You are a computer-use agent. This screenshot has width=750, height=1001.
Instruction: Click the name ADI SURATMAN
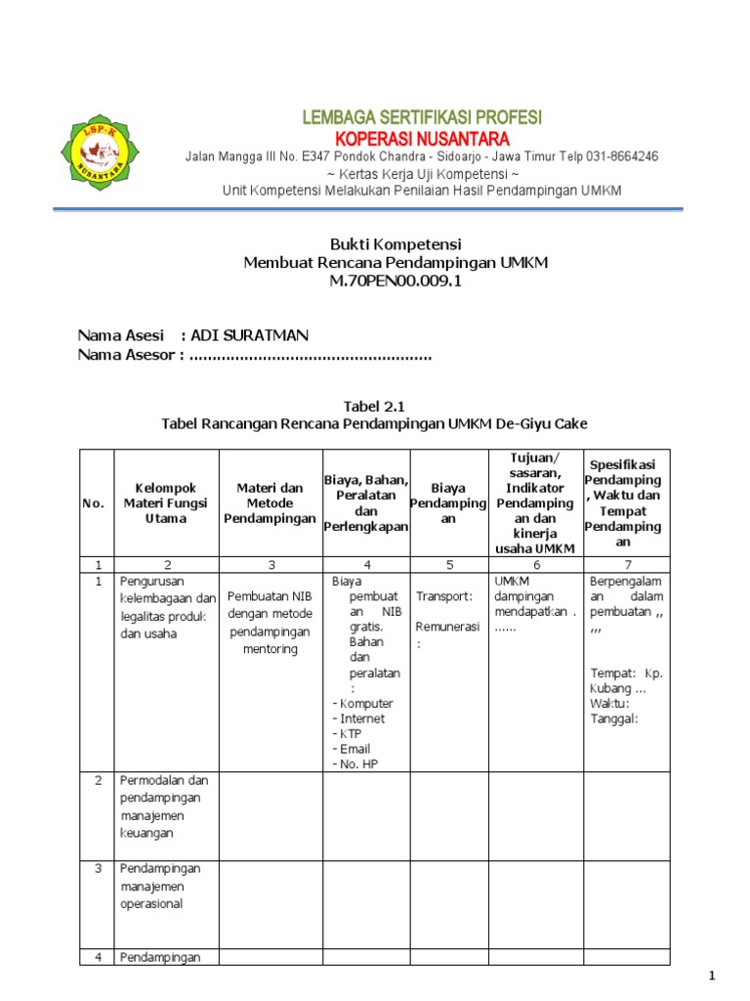coord(249,335)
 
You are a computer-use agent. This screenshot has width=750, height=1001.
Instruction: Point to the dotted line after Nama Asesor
coord(310,355)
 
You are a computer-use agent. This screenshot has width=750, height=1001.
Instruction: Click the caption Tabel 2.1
coord(374,406)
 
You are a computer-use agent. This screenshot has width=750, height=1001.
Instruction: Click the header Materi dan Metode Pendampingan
coord(271,502)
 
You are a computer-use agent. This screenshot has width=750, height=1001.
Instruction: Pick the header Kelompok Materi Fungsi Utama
coord(166,502)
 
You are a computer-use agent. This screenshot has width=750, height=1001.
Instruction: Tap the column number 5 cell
coord(448,564)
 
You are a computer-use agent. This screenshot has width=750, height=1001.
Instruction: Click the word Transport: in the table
coord(444,596)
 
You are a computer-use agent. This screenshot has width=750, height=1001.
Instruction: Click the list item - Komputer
coord(363,703)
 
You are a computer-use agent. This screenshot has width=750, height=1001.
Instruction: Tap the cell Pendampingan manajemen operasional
coord(160,886)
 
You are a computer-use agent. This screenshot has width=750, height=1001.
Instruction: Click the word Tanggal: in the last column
coord(613,718)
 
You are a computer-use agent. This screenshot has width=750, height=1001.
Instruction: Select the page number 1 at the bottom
coord(713,976)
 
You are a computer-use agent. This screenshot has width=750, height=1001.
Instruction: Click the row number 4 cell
coord(97,957)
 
